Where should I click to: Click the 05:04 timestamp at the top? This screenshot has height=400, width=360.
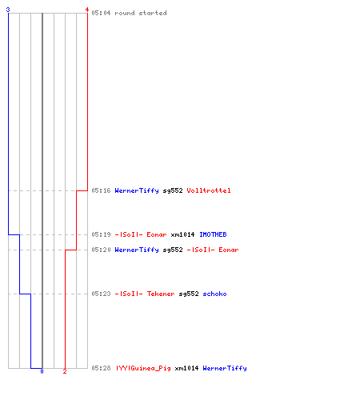(x=101, y=13)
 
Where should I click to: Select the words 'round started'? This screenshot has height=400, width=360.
(x=141, y=13)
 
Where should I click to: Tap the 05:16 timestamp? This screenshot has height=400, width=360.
(x=101, y=190)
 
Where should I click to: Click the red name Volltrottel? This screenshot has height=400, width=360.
(x=209, y=190)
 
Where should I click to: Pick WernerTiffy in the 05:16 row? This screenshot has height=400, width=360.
(x=137, y=190)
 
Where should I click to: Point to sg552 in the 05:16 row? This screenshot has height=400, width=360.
(x=173, y=190)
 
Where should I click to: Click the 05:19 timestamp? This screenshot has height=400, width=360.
(x=101, y=234)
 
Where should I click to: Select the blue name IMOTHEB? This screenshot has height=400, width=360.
(x=213, y=234)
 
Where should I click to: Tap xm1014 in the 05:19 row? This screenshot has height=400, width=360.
(x=182, y=234)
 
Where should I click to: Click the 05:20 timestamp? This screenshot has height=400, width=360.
(x=101, y=250)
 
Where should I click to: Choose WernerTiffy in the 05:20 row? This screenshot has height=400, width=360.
(x=137, y=250)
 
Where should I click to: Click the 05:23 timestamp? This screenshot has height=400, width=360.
(x=101, y=294)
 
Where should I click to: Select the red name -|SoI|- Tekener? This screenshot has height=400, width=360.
(x=145, y=294)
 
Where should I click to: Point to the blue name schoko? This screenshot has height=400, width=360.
(x=214, y=294)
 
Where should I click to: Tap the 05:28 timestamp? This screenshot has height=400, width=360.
(x=101, y=368)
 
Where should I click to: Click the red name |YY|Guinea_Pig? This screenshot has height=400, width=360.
(x=143, y=368)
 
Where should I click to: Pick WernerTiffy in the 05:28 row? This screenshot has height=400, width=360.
(x=225, y=368)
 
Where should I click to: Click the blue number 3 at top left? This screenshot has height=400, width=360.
(x=8, y=10)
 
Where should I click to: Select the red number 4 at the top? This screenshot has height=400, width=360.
(x=87, y=10)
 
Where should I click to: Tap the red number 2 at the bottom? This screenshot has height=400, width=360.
(x=65, y=371)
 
